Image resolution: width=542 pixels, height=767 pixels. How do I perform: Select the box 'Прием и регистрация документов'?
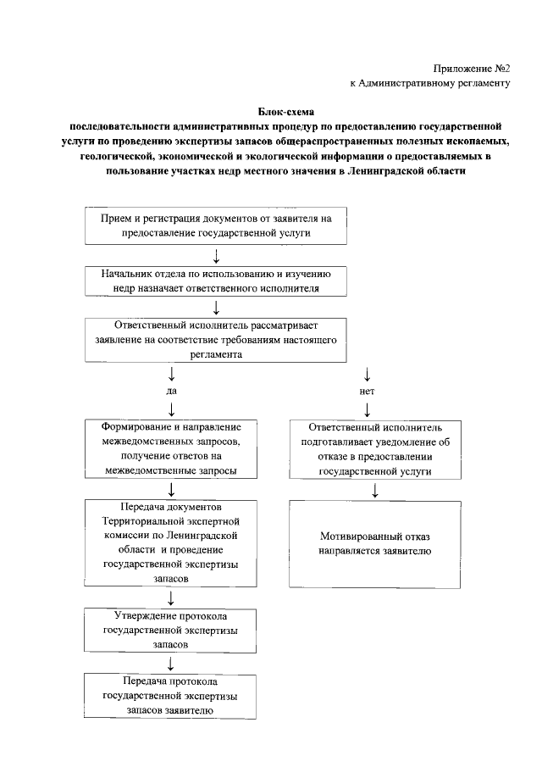click(215, 225)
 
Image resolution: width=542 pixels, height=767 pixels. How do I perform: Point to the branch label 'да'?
click(172, 392)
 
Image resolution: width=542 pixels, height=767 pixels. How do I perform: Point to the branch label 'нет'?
click(367, 392)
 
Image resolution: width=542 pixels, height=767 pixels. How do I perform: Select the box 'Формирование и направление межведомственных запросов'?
click(172, 448)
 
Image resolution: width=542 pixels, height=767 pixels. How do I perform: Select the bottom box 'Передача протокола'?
click(172, 695)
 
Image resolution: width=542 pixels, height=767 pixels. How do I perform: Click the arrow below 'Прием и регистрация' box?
click(217, 256)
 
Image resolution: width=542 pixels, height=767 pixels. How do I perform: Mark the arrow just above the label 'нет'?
click(367, 373)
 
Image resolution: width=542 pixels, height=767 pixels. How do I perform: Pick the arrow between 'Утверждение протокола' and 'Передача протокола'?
click(172, 663)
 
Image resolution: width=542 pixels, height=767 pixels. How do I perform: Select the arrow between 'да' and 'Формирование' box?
click(172, 410)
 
